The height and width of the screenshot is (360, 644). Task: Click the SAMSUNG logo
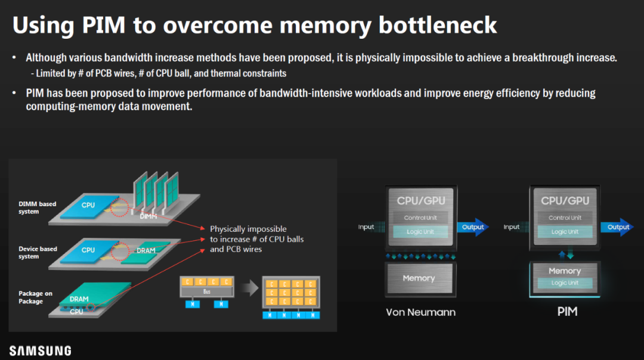[40, 350]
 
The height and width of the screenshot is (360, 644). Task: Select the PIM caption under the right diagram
[567, 312]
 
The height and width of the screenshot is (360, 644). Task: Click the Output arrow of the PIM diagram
[617, 227]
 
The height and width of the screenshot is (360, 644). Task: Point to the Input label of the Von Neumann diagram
[366, 227]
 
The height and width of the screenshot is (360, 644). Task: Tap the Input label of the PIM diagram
[512, 227]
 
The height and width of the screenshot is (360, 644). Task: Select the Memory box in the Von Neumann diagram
[419, 278]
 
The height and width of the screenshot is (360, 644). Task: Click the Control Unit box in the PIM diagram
[565, 218]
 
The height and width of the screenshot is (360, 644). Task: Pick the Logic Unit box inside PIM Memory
[564, 283]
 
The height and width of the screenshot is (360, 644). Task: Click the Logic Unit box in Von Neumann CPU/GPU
[420, 232]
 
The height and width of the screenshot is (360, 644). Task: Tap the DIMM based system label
[37, 207]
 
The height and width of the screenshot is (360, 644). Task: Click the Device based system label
[37, 253]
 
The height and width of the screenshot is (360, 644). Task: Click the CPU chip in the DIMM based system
[88, 205]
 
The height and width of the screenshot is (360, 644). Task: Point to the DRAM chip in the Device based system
[145, 250]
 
